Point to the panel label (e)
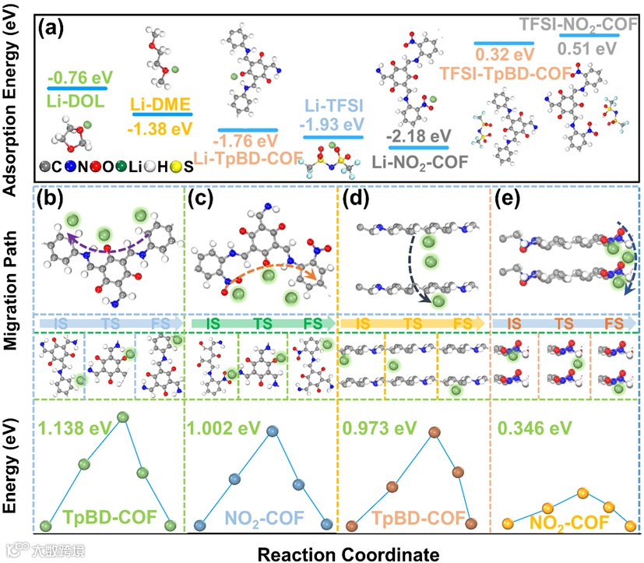507,200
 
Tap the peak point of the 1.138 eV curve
121,417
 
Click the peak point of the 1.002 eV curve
272,430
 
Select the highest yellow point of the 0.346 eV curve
581,494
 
